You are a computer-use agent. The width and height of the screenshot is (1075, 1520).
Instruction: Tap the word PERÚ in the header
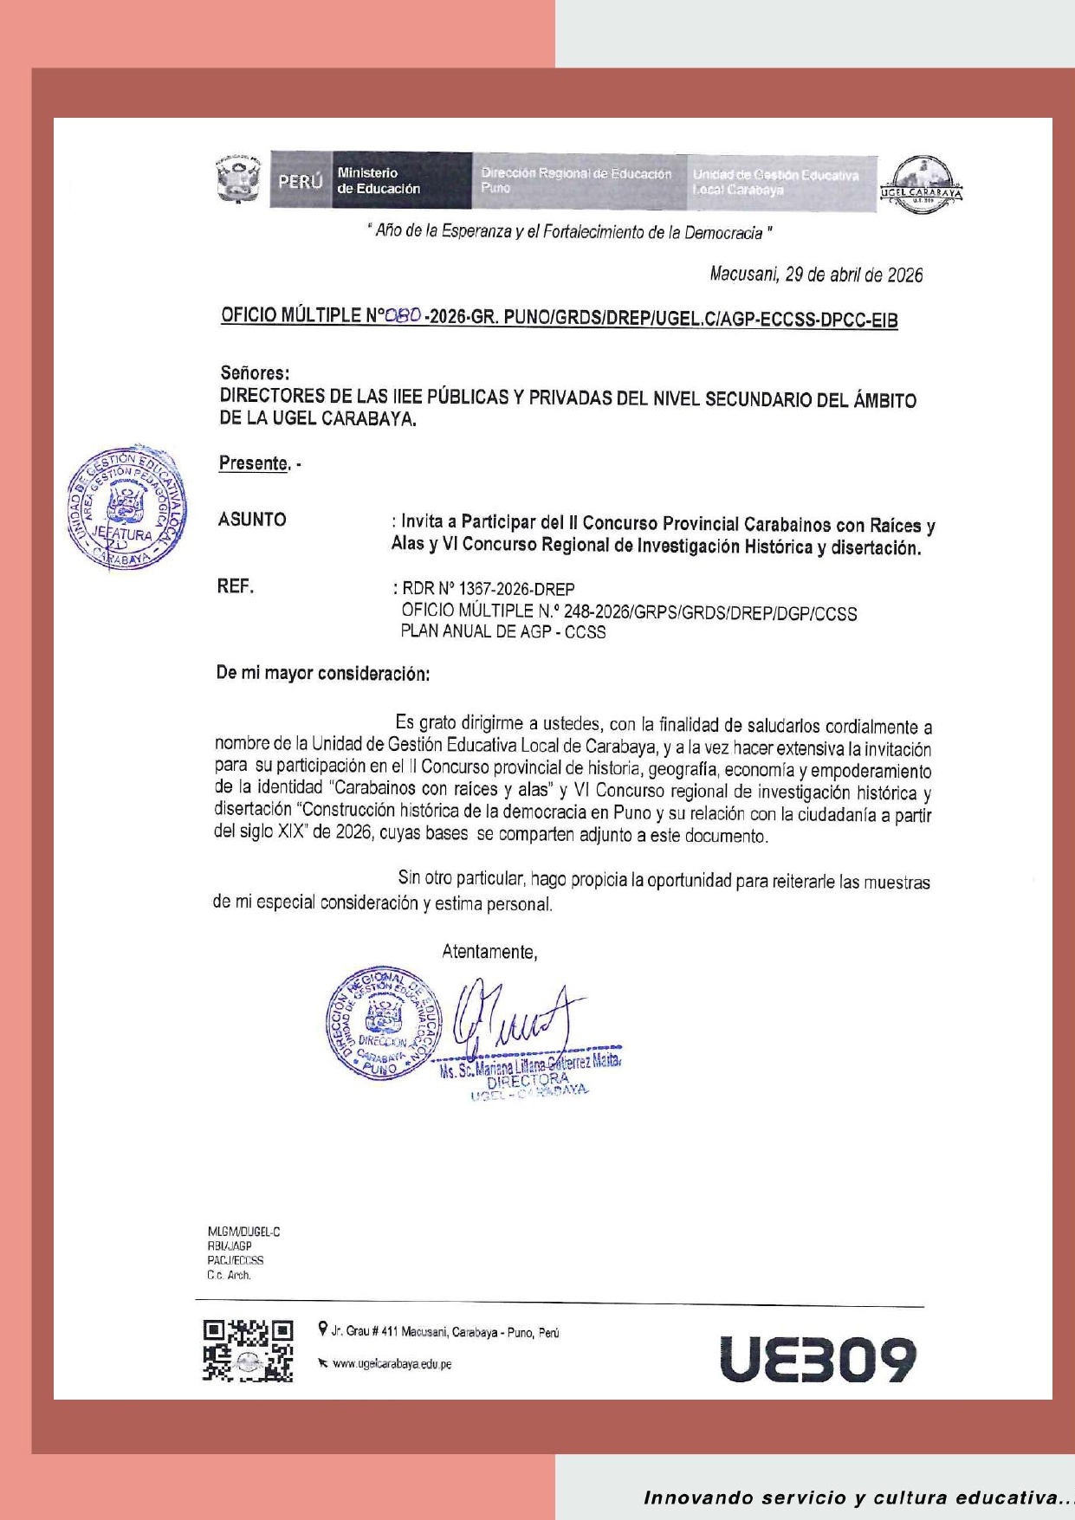click(300, 182)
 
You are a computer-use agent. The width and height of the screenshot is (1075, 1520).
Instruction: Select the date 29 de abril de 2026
click(853, 275)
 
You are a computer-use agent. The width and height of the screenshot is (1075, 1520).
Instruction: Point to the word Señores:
click(255, 373)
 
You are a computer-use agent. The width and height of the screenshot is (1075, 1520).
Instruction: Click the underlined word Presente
click(253, 463)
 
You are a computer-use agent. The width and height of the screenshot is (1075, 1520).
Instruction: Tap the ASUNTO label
click(252, 520)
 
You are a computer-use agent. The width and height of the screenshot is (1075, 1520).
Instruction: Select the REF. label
click(235, 587)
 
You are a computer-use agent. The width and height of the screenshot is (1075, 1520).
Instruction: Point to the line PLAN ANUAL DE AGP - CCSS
click(502, 632)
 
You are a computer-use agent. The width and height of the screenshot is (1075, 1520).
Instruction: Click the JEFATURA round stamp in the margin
click(126, 508)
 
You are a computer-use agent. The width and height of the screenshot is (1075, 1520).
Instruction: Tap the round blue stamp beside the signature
click(383, 1024)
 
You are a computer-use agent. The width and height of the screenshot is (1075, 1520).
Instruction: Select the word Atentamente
click(489, 952)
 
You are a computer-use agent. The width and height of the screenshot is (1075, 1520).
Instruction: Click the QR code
click(248, 1351)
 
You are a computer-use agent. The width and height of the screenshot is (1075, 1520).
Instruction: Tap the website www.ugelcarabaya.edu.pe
click(392, 1364)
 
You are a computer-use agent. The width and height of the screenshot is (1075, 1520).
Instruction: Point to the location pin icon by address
click(323, 1329)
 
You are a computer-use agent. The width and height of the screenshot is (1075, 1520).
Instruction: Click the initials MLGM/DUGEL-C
click(243, 1232)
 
